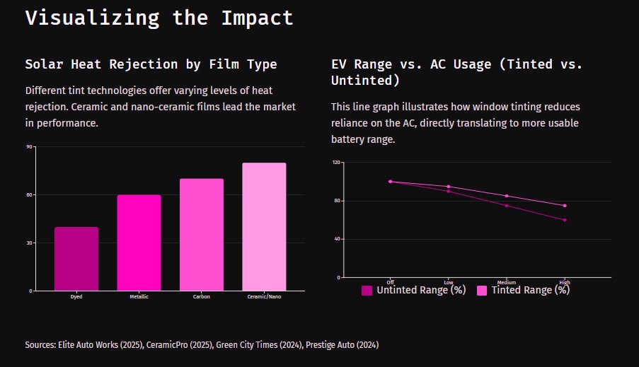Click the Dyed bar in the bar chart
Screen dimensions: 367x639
point(76,259)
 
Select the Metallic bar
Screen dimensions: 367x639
point(139,243)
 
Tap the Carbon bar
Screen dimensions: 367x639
point(201,235)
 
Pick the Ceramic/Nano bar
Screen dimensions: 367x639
point(264,227)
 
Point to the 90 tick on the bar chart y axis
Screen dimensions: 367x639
point(29,147)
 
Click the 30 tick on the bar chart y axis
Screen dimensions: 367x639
point(29,243)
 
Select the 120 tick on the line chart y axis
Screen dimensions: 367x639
point(336,163)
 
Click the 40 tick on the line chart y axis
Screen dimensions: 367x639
point(338,239)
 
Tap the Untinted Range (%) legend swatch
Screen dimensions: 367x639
point(367,290)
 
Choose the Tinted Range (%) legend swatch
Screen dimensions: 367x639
point(482,290)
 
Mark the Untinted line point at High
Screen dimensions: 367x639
point(565,220)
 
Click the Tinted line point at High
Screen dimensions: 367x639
point(565,206)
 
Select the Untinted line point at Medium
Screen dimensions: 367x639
point(507,206)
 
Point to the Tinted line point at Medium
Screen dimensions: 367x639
point(507,196)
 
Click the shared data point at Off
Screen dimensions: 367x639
point(391,182)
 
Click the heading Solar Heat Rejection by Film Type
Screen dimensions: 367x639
point(151,64)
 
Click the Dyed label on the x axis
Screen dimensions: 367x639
point(76,297)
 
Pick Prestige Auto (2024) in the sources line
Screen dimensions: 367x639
point(342,345)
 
